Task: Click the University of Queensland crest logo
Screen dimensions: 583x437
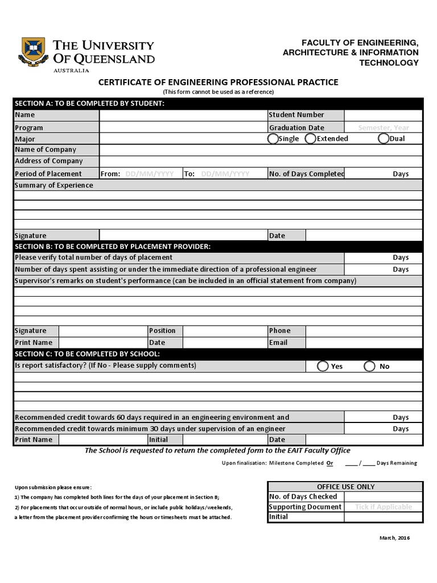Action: coord(34,52)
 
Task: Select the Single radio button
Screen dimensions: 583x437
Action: coord(273,138)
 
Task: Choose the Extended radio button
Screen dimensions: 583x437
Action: coord(311,138)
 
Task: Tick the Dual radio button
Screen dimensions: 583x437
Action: coord(384,138)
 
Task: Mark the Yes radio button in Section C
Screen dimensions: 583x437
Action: coord(323,366)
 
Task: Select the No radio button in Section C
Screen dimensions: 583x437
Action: coord(370,366)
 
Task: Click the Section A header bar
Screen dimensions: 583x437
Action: coord(218,103)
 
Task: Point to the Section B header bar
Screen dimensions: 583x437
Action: coord(218,246)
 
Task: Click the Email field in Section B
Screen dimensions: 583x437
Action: coord(364,343)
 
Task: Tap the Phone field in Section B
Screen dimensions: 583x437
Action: coord(364,331)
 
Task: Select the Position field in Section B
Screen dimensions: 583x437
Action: coord(224,331)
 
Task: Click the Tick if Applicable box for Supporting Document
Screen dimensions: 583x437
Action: coord(383,507)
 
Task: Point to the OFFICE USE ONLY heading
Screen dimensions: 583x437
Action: coord(345,486)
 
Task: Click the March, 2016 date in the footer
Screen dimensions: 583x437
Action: coord(393,538)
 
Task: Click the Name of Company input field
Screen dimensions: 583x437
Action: coord(261,150)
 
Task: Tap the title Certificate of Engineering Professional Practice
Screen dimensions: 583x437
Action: coord(218,82)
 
